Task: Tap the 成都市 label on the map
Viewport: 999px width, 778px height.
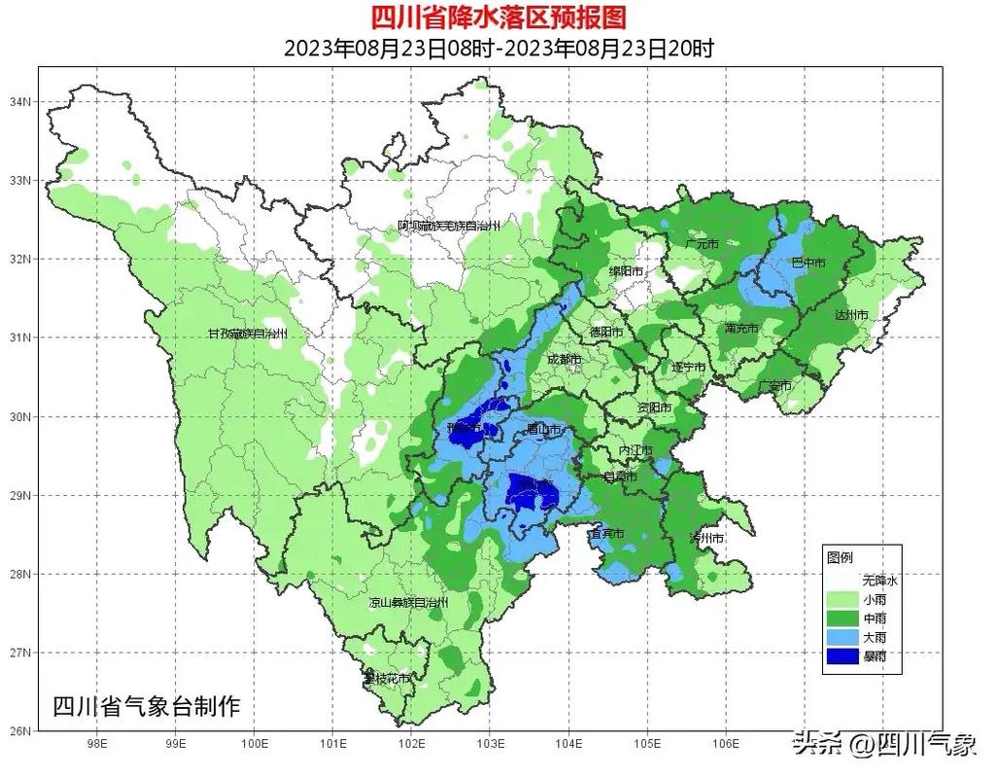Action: tap(564, 360)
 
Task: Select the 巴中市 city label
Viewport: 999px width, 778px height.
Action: tap(808, 263)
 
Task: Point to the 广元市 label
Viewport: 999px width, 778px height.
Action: tap(701, 243)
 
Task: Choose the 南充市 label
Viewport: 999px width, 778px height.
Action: tap(742, 329)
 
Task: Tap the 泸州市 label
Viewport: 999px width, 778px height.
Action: tap(706, 538)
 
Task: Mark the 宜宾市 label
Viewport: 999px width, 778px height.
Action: tap(606, 534)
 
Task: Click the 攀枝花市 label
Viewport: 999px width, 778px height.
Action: tap(387, 678)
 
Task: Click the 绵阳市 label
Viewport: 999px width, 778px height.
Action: tap(626, 270)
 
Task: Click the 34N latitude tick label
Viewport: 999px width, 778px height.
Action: tap(21, 102)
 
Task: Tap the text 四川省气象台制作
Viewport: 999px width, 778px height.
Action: tap(146, 707)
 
